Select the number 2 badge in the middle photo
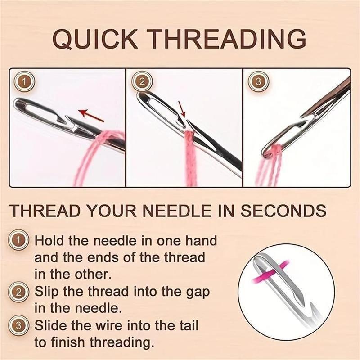click(x=141, y=82)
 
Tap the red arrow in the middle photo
click(x=182, y=110)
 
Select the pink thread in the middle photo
click(x=188, y=157)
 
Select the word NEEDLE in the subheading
click(x=177, y=211)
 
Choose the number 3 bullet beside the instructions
click(x=18, y=325)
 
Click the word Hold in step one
click(x=49, y=241)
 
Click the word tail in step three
click(x=185, y=325)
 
